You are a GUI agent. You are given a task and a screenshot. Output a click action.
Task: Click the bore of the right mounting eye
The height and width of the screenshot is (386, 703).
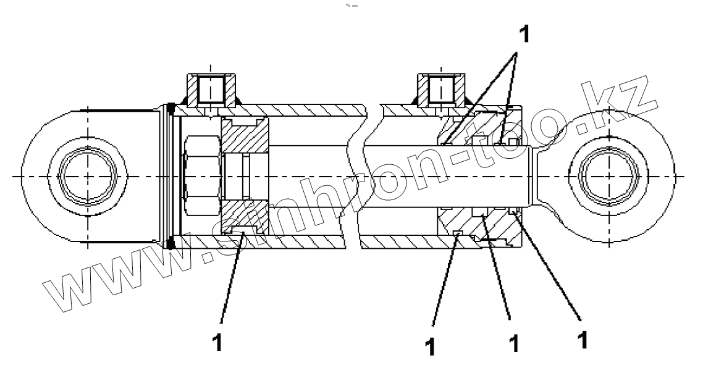click(x=608, y=177)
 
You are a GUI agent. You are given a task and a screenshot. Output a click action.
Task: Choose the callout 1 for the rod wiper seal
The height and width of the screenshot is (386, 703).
click(x=581, y=340)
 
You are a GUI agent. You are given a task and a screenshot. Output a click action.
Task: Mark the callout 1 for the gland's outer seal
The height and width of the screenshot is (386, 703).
click(x=431, y=346)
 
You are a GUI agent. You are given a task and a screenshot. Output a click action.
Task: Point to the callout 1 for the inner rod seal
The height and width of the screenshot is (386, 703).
click(x=513, y=343)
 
